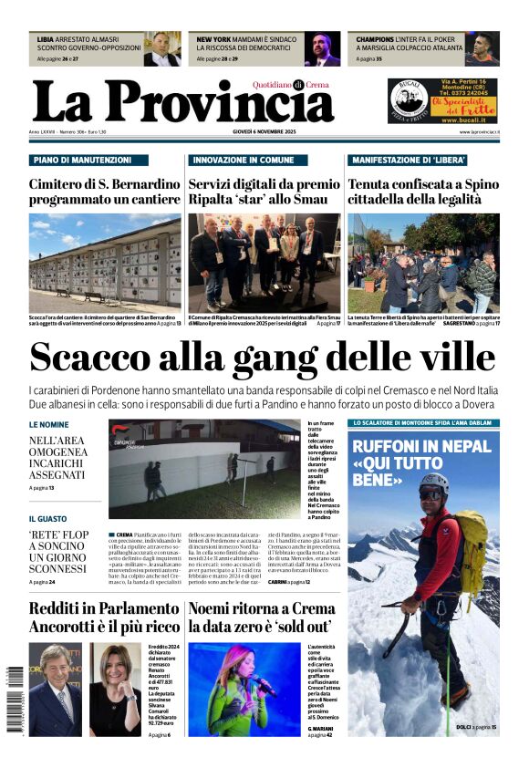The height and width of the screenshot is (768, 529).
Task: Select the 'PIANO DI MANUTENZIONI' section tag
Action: coord(80,160)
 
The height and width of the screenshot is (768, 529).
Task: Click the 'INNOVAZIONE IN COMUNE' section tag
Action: coord(244,160)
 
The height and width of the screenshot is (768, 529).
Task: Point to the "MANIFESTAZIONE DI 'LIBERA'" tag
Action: coord(410,160)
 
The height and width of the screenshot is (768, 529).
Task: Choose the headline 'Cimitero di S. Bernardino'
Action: coord(104,183)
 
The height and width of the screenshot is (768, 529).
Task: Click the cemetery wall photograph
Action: coord(104,262)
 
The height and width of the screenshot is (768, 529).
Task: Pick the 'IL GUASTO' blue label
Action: coord(47,518)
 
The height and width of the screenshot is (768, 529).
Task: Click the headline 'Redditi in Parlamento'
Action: coord(103,608)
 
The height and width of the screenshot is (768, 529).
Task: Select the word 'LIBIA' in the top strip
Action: coord(46,40)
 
